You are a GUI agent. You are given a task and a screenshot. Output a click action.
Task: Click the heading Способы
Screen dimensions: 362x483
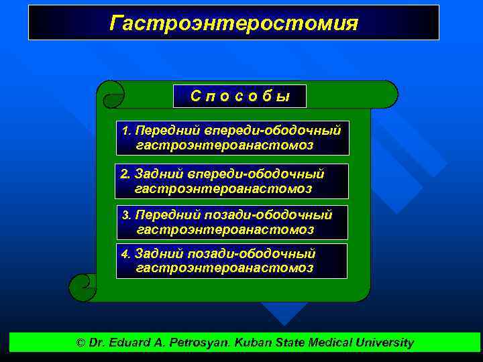(239, 97)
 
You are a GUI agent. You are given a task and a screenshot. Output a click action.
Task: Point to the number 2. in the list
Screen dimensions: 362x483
(125, 174)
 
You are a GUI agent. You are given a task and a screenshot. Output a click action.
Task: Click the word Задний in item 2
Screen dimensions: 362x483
(154, 174)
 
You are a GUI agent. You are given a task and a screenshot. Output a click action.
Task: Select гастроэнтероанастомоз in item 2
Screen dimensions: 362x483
(223, 189)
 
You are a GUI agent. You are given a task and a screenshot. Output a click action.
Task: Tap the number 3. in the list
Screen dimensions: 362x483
(127, 215)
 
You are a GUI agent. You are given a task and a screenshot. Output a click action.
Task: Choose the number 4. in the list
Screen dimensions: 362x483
(126, 254)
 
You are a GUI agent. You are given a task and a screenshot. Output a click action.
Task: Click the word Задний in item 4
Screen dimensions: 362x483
(154, 254)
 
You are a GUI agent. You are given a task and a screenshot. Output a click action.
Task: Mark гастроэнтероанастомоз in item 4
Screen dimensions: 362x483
(225, 268)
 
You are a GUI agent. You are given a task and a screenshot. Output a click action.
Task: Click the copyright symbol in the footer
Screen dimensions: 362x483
(81, 343)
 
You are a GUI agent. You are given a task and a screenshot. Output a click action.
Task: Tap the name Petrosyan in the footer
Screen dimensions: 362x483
(200, 343)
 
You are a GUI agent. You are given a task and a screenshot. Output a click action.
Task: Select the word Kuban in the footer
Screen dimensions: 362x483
(255, 343)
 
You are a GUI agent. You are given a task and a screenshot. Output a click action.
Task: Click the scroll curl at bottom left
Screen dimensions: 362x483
(83, 288)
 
